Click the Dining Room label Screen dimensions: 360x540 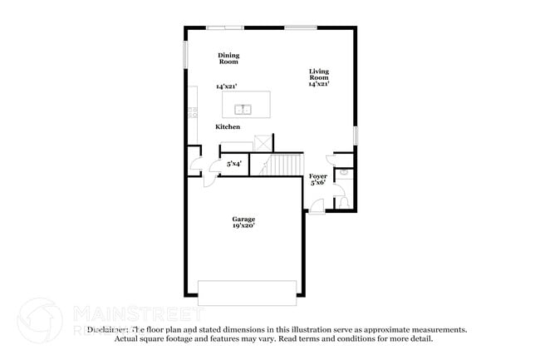coord(228,58)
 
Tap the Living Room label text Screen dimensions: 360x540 coord(319,77)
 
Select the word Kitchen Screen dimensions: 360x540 coord(228,127)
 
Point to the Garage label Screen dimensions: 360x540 coord(243,219)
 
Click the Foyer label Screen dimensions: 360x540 coord(317,176)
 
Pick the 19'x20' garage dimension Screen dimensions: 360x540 coord(243,225)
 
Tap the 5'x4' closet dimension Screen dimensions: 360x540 coord(235,165)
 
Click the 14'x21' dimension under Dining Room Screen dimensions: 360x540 coord(227,86)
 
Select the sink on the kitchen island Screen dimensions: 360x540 coord(243,108)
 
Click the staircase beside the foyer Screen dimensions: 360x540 coord(282,165)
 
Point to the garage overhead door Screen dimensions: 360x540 coord(247,288)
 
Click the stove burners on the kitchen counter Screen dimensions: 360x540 coord(192,111)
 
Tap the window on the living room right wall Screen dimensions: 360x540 coord(356,135)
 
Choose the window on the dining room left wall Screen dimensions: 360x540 coord(185,55)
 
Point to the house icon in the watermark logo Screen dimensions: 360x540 coord(40,319)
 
